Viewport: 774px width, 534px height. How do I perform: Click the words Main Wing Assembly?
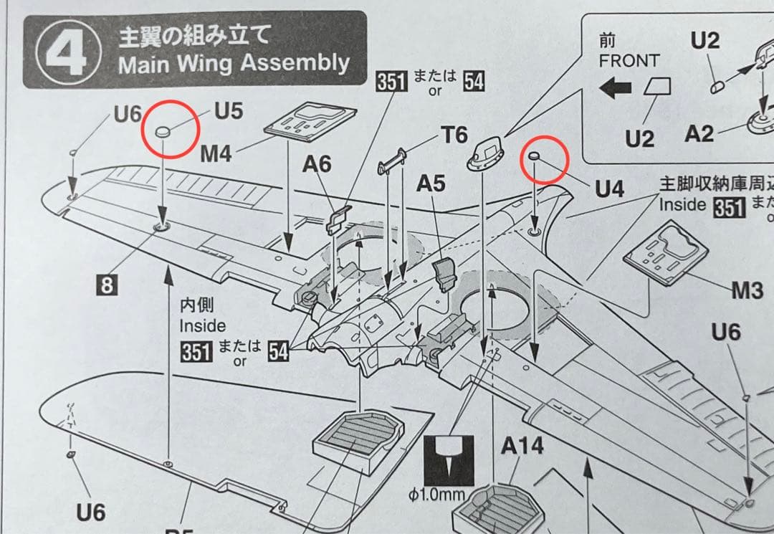(234, 65)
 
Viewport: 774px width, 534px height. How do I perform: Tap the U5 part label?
(229, 112)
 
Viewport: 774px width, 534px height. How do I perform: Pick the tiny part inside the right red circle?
(535, 156)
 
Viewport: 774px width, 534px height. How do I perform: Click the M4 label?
(216, 153)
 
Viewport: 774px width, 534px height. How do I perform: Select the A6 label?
(317, 165)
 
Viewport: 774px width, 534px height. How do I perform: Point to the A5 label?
(431, 184)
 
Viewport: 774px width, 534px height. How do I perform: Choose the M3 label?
(747, 290)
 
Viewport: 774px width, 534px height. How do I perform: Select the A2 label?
(699, 133)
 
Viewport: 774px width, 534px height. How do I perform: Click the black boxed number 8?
(107, 285)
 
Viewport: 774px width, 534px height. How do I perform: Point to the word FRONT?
(629, 60)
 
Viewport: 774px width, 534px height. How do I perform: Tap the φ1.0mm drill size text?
(438, 495)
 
